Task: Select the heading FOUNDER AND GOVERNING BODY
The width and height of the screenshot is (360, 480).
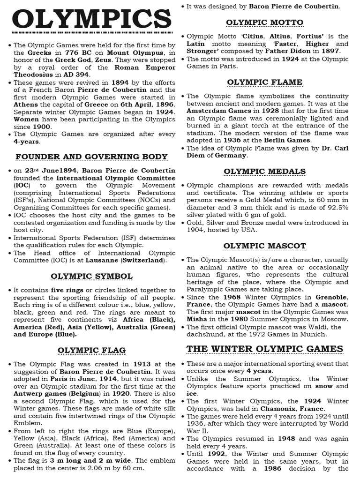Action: click(91, 156)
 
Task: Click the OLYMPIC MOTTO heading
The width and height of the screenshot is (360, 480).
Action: click(264, 22)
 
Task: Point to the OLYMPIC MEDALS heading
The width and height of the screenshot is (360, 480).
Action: click(264, 171)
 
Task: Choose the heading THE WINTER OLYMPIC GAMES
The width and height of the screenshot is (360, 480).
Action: click(265, 349)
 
